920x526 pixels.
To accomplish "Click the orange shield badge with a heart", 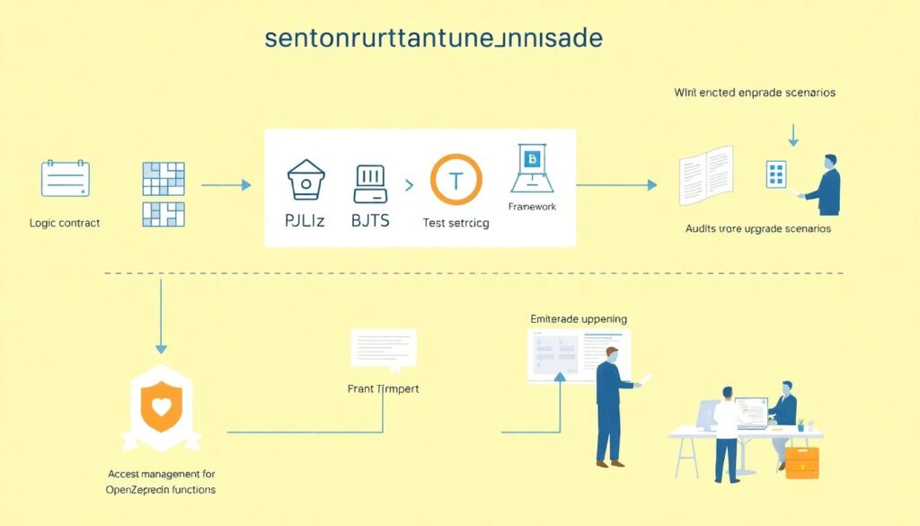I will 162,406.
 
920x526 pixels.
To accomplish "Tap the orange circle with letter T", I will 456,180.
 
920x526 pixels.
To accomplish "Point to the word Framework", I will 532,207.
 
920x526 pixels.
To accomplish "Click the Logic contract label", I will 64,223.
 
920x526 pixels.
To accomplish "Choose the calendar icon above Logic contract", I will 66,178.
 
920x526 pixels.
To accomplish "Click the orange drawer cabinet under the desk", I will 801,461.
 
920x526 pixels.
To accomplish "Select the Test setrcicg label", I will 456,223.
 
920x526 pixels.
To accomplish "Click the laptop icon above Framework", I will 533,168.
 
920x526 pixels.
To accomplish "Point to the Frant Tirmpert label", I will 383,388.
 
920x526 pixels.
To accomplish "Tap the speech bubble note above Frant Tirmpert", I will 383,347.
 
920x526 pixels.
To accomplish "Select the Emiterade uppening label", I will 579,318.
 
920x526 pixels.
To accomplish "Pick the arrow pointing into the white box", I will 226,185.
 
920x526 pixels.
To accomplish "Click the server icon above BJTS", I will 371,182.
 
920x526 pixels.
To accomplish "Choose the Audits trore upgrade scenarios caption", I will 757,229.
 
